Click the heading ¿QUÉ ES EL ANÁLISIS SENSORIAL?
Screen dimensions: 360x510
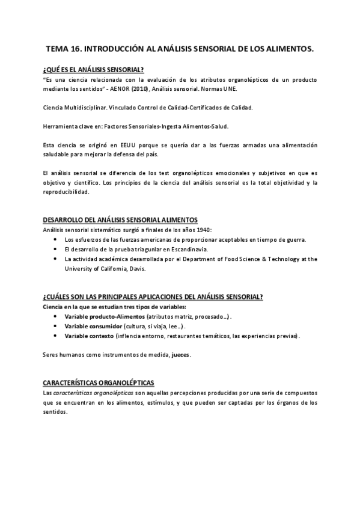[x=93, y=70]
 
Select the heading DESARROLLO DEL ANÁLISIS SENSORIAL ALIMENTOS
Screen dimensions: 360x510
[x=121, y=220]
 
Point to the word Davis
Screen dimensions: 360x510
[x=136, y=268]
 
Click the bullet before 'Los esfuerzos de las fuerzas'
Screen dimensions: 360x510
[x=56, y=240]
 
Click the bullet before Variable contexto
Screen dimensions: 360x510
[x=56, y=335]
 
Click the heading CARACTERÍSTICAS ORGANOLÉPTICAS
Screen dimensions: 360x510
[x=99, y=382]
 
